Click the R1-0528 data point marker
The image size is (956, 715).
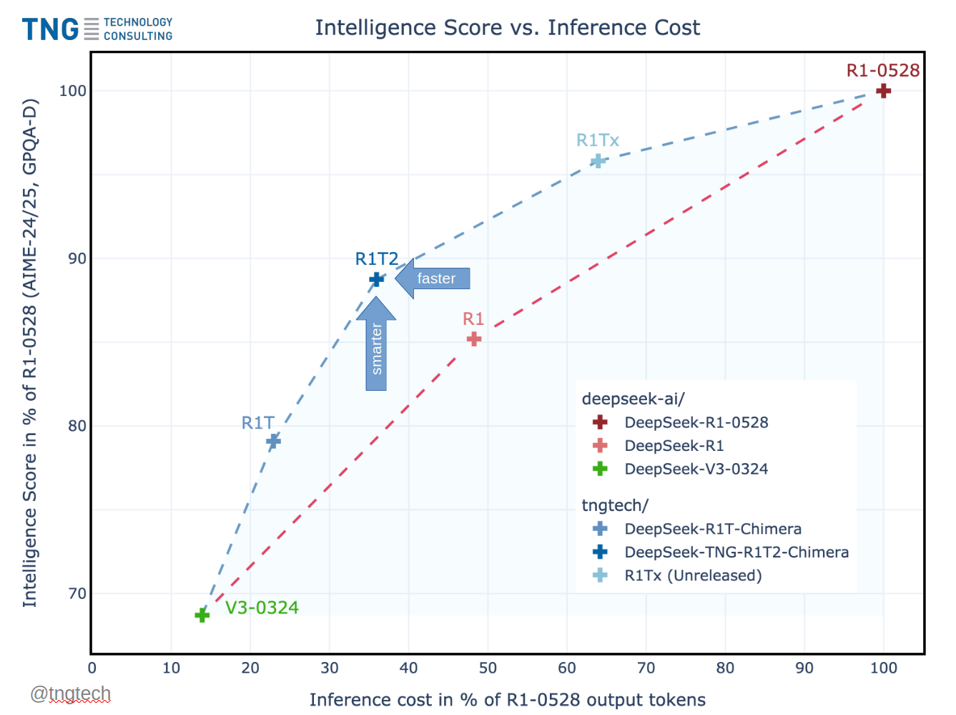click(883, 91)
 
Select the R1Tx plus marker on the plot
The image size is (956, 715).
click(598, 161)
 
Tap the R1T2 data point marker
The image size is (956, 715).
click(377, 279)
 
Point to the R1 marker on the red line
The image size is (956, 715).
click(473, 339)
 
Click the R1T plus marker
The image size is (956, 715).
click(273, 441)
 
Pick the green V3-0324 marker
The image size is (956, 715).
click(202, 615)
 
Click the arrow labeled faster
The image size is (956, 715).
click(433, 278)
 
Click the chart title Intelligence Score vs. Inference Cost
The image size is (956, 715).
click(507, 27)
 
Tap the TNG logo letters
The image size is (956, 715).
click(50, 29)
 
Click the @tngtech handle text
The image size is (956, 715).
click(71, 694)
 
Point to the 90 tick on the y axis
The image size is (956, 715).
click(77, 258)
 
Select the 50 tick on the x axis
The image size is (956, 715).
click(488, 668)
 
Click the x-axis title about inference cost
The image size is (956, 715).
click(507, 700)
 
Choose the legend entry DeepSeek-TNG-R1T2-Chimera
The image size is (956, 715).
click(736, 552)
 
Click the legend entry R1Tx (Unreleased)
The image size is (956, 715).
click(692, 575)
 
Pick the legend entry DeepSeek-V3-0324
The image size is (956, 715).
click(696, 469)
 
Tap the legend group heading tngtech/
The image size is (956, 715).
click(614, 505)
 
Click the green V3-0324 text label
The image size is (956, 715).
click(262, 608)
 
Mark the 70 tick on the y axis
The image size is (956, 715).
click(77, 593)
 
